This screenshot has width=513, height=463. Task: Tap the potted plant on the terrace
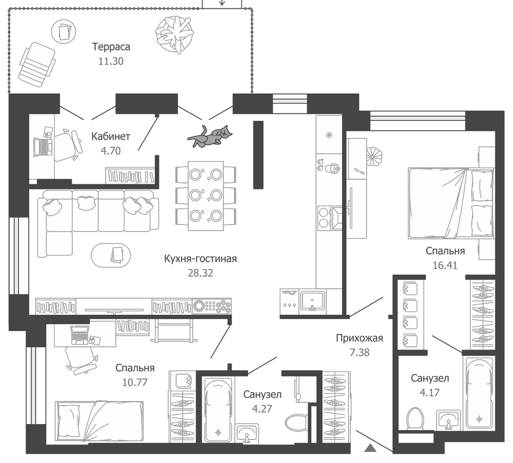pos(174,35)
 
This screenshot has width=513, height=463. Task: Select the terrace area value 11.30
pos(111,61)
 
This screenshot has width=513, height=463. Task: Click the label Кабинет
pos(111,137)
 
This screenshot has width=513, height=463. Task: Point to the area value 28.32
pos(200,273)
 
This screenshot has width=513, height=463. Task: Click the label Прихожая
pos(359,338)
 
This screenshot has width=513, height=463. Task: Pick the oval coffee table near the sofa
pos(111,255)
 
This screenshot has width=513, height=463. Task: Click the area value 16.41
pos(445,265)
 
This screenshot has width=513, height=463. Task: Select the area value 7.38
pos(359,352)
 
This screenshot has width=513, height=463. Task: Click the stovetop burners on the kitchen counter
pos(324,218)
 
